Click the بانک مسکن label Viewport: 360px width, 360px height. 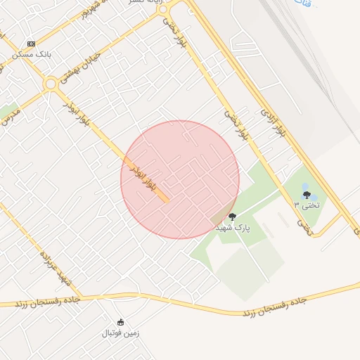pyautogui.click(x=31, y=54)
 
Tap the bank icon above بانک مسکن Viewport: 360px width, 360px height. pyautogui.click(x=31, y=44)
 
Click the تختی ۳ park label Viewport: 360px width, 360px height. pyautogui.click(x=306, y=205)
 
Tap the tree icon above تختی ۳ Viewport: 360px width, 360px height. pyautogui.click(x=306, y=195)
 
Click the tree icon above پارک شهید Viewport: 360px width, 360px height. pyautogui.click(x=233, y=217)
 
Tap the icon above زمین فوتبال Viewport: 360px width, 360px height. pyautogui.click(x=121, y=322)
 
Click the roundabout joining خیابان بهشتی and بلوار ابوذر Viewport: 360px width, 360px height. pyautogui.click(x=51, y=84)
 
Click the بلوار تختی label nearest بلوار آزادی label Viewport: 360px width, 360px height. pyautogui.click(x=237, y=125)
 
